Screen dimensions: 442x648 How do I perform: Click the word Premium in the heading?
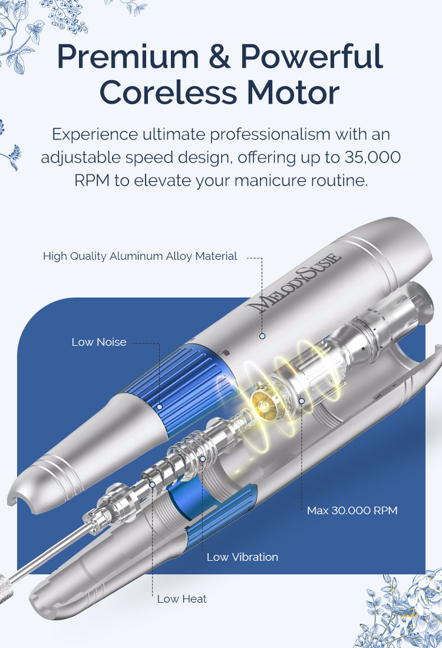click(128, 56)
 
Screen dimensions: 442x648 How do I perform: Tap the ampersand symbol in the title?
click(220, 56)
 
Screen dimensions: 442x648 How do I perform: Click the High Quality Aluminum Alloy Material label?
click(140, 256)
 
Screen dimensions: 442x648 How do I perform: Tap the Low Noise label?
click(99, 342)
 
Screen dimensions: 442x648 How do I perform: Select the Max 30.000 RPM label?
click(352, 511)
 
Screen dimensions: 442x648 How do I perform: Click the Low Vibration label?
click(242, 557)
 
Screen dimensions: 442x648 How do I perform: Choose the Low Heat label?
click(182, 599)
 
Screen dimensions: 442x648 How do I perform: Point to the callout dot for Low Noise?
click(160, 407)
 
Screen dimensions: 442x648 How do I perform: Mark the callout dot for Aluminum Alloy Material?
click(262, 336)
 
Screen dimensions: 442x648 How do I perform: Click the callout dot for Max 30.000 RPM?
click(302, 401)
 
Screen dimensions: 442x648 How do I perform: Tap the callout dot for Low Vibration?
click(203, 459)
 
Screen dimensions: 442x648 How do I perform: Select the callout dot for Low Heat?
click(153, 484)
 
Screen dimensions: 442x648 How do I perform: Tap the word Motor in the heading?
click(293, 92)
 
